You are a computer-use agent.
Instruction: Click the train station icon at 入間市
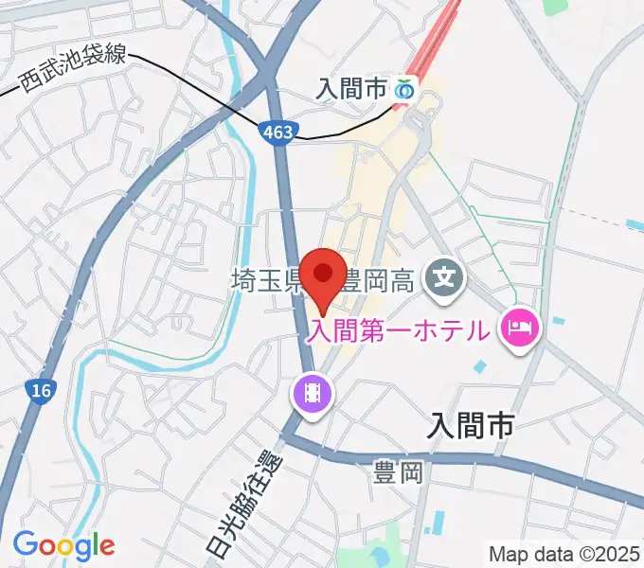(405, 89)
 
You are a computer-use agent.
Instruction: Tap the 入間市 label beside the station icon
(352, 89)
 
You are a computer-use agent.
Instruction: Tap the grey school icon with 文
(444, 278)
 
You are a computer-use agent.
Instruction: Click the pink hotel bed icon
(520, 330)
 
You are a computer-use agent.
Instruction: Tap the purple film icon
(313, 390)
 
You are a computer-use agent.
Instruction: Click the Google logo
(63, 545)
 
